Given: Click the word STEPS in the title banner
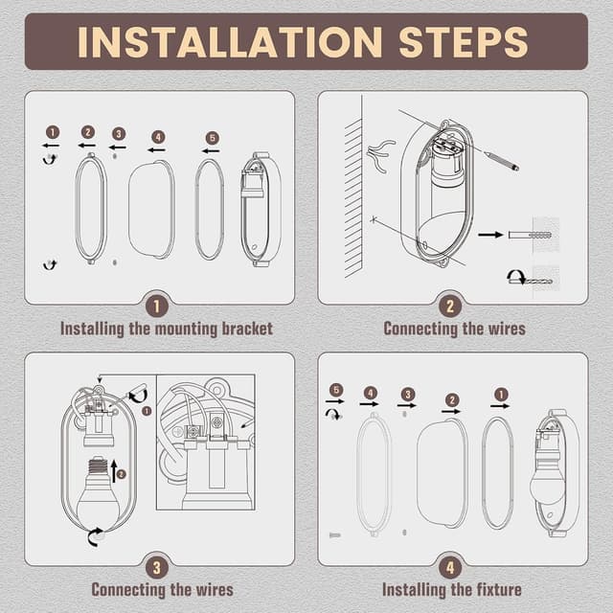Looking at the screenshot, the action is coord(464,42).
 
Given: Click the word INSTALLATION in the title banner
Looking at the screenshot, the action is coord(230,42).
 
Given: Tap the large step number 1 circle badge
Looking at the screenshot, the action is coord(157,306).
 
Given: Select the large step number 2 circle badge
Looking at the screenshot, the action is coord(450,306).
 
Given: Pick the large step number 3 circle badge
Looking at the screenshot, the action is coord(157,568).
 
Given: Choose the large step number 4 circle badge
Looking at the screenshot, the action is coord(450,568).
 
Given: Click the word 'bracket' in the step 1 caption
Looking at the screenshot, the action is coord(247,329).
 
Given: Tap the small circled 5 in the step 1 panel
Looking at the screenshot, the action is coord(213,138).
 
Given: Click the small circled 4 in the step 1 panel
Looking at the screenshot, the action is coord(158,137).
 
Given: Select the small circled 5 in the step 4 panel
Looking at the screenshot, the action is coord(336,390).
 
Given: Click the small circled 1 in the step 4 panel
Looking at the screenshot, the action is coord(501,395).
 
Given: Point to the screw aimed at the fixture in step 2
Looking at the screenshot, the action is coord(502,161).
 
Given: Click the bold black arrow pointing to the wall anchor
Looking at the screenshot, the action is coord(490,235).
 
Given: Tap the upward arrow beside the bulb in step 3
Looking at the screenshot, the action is coord(114,470).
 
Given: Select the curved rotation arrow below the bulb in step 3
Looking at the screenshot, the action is coord(95,536).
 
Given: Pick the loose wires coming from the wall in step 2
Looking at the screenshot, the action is coord(380,156).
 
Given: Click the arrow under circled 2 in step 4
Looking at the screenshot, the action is coord(451,411).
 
